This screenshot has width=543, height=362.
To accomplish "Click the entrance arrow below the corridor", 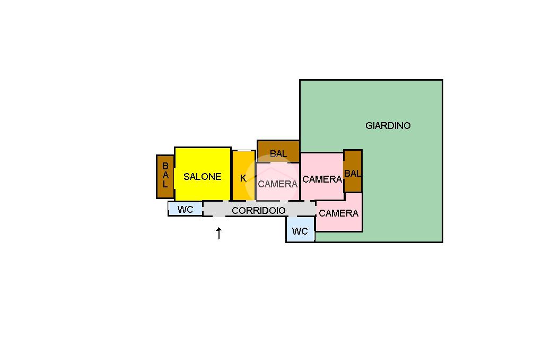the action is pyautogui.click(x=219, y=234).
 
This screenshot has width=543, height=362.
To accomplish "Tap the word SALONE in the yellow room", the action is pyautogui.click(x=202, y=177).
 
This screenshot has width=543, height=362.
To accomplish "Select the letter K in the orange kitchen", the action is pyautogui.click(x=243, y=178).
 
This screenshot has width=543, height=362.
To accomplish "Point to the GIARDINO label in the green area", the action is pyautogui.click(x=388, y=125).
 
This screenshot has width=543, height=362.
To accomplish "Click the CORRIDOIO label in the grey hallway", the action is pyautogui.click(x=259, y=211).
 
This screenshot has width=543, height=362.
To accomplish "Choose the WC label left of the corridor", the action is pyautogui.click(x=185, y=210).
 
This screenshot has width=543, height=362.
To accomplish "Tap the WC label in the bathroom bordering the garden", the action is pyautogui.click(x=300, y=231).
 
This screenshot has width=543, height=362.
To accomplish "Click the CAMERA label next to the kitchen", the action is pyautogui.click(x=278, y=184).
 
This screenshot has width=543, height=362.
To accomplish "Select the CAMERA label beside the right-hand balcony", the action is pyautogui.click(x=322, y=179).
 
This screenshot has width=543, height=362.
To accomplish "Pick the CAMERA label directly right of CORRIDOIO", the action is pyautogui.click(x=338, y=213).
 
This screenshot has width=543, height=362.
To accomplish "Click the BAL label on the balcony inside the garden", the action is pyautogui.click(x=353, y=174).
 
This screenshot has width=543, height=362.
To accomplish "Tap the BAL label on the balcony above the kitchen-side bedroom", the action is pyautogui.click(x=278, y=153).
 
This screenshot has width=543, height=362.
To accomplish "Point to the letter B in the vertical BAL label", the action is pyautogui.click(x=165, y=166).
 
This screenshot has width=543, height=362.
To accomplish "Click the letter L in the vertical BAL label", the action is pyautogui.click(x=165, y=184).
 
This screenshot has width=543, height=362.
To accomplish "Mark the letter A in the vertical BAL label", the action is pyautogui.click(x=165, y=175).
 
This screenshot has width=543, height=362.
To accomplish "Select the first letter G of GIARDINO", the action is pyautogui.click(x=369, y=125).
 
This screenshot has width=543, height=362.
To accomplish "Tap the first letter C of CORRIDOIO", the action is pyautogui.click(x=235, y=211).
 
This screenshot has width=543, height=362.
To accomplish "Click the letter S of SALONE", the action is pyautogui.click(x=186, y=177).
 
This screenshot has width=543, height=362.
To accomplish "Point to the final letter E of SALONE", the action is pyautogui.click(x=218, y=177).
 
